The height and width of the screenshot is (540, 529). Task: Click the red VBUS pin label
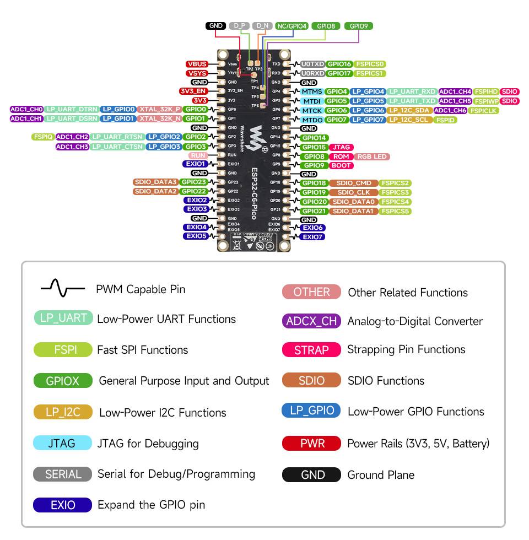[197, 64]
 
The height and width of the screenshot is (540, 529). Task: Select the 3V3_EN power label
[193, 91]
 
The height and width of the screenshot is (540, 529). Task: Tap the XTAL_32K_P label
[160, 109]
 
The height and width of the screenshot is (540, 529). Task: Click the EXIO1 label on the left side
[196, 164]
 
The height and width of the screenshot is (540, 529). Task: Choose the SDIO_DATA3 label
[155, 182]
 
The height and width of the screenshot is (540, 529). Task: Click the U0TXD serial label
[312, 64]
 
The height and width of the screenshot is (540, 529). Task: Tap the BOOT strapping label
[342, 165]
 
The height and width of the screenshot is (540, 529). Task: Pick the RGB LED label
[372, 156]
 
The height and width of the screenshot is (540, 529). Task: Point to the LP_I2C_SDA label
[409, 110]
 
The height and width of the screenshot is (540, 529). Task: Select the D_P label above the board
[239, 26]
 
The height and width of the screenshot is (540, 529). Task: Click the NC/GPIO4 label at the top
[292, 26]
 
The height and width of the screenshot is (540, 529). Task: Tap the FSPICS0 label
[370, 64]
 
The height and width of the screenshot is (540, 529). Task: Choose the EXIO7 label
[312, 237]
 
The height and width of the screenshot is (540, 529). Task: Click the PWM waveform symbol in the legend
[62, 288]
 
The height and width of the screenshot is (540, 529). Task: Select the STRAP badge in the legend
[311, 350]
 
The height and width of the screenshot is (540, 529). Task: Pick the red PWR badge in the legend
[312, 444]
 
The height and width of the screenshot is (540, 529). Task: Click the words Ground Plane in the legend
[381, 475]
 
